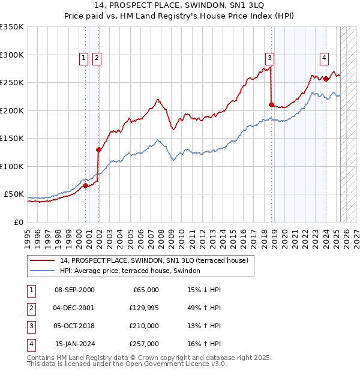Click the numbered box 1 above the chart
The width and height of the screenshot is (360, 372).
(83, 58)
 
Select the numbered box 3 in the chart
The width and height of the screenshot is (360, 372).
(270, 58)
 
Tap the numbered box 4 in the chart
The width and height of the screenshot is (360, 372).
(324, 58)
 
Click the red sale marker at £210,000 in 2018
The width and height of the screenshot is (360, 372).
(271, 105)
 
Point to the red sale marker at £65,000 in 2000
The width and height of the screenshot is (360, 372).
(85, 186)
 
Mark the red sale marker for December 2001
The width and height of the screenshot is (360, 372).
(98, 149)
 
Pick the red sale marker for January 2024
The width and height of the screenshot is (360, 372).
(326, 79)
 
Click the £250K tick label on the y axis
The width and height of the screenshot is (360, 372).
(12, 83)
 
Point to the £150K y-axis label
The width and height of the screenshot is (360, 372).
(12, 139)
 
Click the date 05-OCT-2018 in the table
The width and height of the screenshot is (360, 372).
(74, 326)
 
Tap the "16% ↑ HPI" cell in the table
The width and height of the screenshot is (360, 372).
(204, 344)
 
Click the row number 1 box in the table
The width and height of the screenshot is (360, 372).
(29, 290)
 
